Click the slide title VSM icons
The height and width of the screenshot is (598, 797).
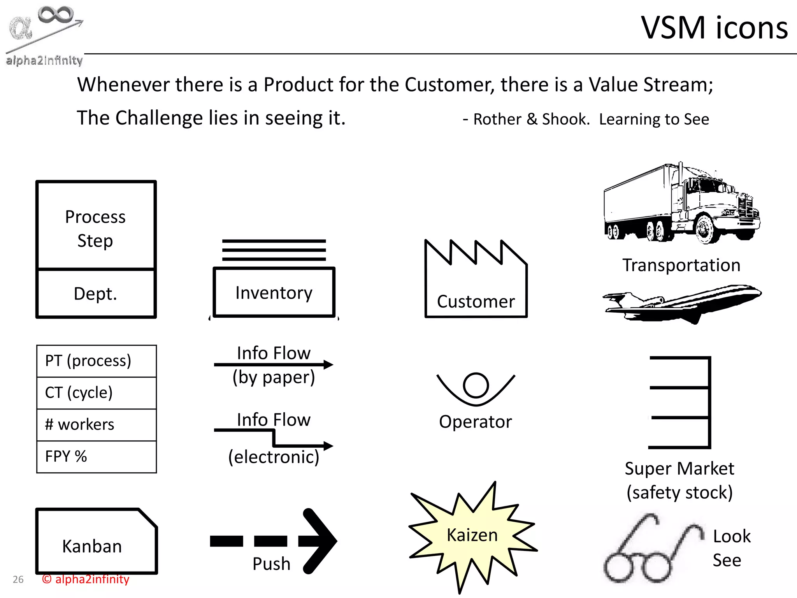[714, 28]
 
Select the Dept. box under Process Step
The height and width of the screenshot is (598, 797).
[96, 294]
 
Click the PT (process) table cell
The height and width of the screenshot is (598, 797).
[97, 361]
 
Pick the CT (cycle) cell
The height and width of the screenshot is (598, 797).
[97, 393]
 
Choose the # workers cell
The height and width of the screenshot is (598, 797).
[97, 425]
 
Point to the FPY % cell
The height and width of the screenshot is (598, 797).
[97, 457]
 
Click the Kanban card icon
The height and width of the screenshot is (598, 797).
[96, 541]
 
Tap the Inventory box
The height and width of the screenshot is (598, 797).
[274, 292]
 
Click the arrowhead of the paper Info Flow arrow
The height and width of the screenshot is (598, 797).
[328, 365]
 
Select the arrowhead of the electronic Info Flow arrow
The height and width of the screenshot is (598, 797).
[328, 446]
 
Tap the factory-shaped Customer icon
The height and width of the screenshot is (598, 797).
[476, 284]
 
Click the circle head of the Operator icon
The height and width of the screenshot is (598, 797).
[476, 385]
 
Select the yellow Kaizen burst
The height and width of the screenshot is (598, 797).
[472, 535]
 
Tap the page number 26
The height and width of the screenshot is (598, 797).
[18, 580]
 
